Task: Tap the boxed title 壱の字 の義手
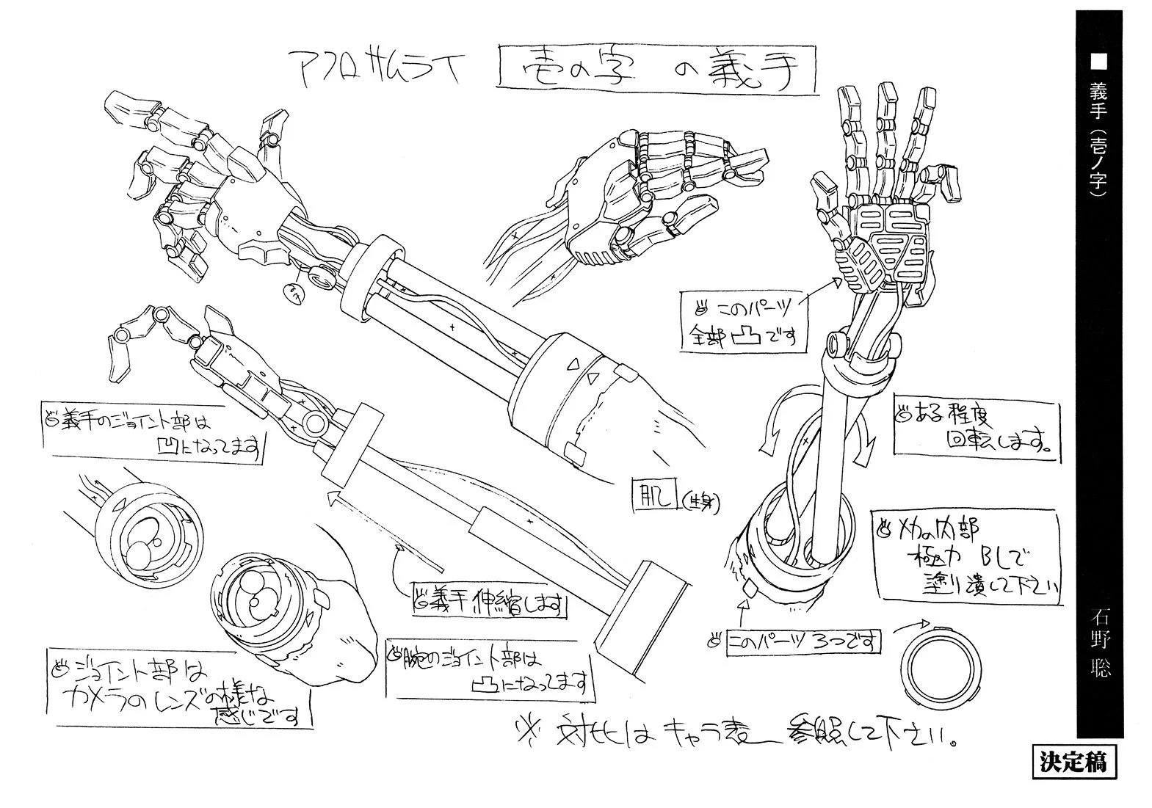click(657, 70)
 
